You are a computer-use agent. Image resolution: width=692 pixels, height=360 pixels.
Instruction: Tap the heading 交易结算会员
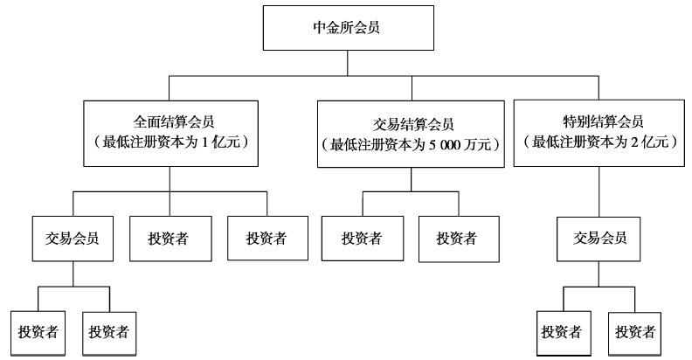coord(411,124)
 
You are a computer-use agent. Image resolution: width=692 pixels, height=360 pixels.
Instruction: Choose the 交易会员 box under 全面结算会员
coord(73,238)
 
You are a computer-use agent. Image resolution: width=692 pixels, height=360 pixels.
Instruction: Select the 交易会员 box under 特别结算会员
coord(599,238)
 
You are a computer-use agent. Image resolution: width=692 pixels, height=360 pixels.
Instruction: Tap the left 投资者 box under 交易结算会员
coord(361,238)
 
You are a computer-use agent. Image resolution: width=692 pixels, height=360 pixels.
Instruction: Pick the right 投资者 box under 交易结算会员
coord(455,238)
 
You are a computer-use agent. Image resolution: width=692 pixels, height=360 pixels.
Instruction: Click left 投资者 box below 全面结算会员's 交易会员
coord(38,332)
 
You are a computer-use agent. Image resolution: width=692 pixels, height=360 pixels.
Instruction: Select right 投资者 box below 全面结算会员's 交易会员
coord(108,332)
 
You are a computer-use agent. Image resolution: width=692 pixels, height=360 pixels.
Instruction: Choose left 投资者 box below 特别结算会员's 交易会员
coord(562,332)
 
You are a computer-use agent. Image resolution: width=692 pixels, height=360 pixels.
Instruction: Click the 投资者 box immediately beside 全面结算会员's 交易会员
coord(170,238)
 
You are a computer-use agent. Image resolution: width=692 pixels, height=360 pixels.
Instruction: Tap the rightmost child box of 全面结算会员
coord(266,238)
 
